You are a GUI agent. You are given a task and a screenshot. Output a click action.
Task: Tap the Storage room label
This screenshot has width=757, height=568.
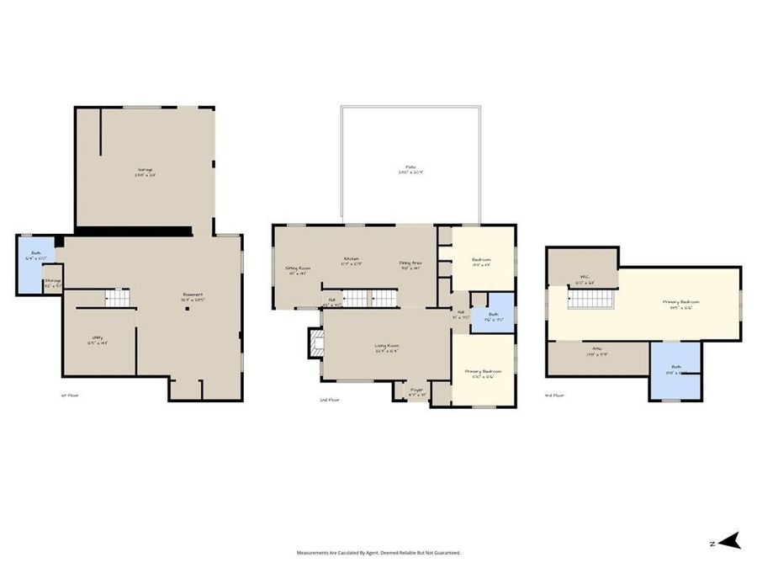[x=52, y=281]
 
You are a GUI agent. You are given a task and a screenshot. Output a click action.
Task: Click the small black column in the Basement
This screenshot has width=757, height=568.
[x=189, y=309]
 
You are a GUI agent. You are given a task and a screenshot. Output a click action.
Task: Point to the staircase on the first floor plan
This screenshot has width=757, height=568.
[x=117, y=297]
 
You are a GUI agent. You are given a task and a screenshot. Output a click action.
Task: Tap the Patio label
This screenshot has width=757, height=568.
[x=410, y=167]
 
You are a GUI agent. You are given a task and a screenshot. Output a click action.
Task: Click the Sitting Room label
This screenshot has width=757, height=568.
[x=299, y=269]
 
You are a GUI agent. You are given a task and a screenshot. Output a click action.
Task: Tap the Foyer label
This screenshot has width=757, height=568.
[x=416, y=390]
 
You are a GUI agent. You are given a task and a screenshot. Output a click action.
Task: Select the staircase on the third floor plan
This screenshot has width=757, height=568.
[x=586, y=296]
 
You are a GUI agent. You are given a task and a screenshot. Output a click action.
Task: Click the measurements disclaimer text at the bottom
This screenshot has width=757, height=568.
[x=378, y=553]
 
